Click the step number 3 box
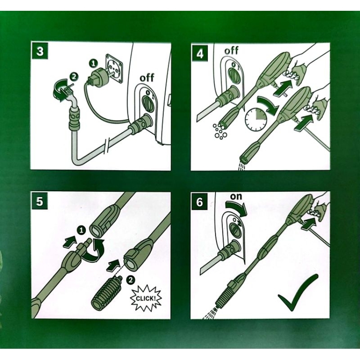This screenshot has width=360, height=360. click(40, 51)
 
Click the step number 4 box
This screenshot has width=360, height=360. click(200, 54)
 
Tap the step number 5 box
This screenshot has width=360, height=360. click(40, 201)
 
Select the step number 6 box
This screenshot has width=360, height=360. click(199, 202)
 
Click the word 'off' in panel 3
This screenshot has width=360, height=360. click(147, 78)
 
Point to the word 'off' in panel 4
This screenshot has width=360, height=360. click(231, 50)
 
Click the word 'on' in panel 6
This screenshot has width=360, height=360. click(236, 196)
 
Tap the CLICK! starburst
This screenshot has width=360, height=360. click(146, 298)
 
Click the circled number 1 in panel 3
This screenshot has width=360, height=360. click(94, 63)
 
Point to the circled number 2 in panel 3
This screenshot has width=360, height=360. click(74, 77)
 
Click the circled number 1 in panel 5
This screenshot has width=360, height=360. click(81, 230)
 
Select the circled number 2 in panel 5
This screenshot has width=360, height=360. click(130, 280)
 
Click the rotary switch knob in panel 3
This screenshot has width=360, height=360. click(148, 103)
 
